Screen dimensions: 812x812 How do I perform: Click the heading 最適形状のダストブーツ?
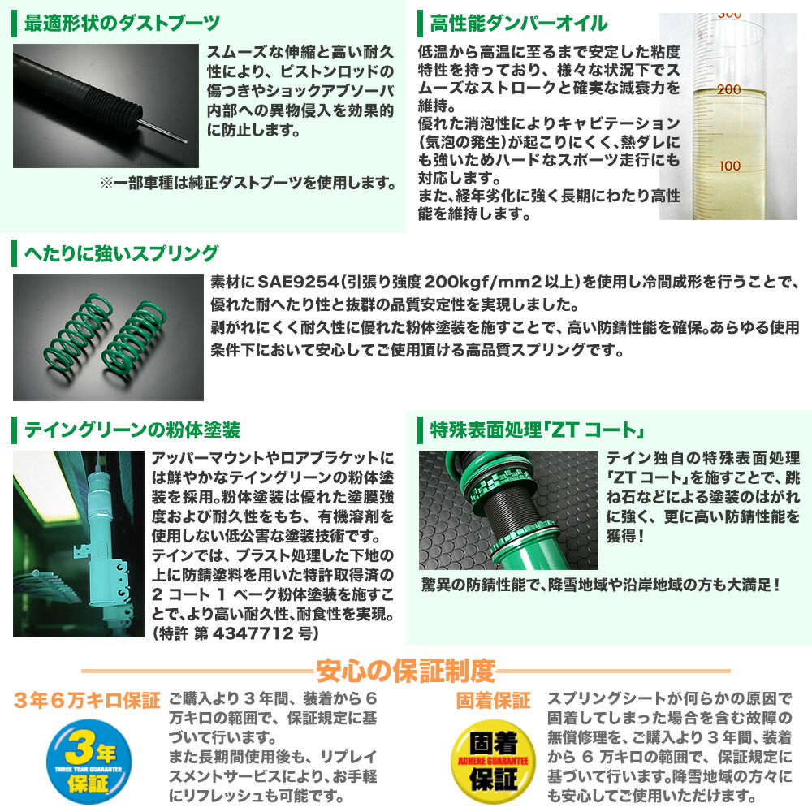122,22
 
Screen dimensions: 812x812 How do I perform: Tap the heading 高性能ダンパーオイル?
518,22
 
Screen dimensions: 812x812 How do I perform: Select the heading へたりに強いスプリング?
121,253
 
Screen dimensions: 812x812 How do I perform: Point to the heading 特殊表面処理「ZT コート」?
529,428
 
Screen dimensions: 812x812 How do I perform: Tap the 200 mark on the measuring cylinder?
728,89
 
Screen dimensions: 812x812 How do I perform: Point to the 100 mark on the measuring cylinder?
728,166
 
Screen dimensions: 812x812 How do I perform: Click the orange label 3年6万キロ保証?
85,700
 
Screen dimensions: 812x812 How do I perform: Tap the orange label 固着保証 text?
493,700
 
